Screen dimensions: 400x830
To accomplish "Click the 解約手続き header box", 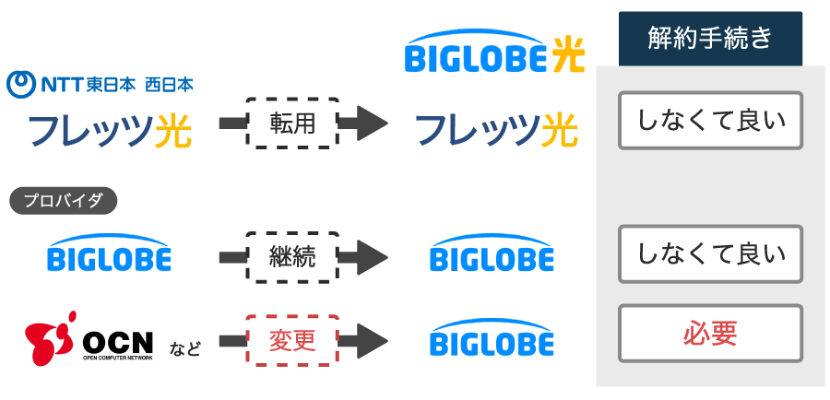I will tap(710, 39).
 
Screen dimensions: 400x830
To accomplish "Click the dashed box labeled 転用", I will tap(292, 123).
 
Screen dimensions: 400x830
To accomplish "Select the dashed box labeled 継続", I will tap(292, 256).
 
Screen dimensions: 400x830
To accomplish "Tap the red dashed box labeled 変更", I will tap(292, 340).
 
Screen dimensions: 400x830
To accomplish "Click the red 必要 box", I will tap(710, 333).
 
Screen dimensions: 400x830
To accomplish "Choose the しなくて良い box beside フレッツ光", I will tap(710, 120).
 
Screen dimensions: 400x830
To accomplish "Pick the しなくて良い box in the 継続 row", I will tap(710, 253).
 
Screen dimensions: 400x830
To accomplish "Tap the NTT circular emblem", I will tap(21, 85).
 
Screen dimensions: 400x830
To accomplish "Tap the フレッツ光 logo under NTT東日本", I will tap(110, 130).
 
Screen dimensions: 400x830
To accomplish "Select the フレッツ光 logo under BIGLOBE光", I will tap(495, 130).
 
